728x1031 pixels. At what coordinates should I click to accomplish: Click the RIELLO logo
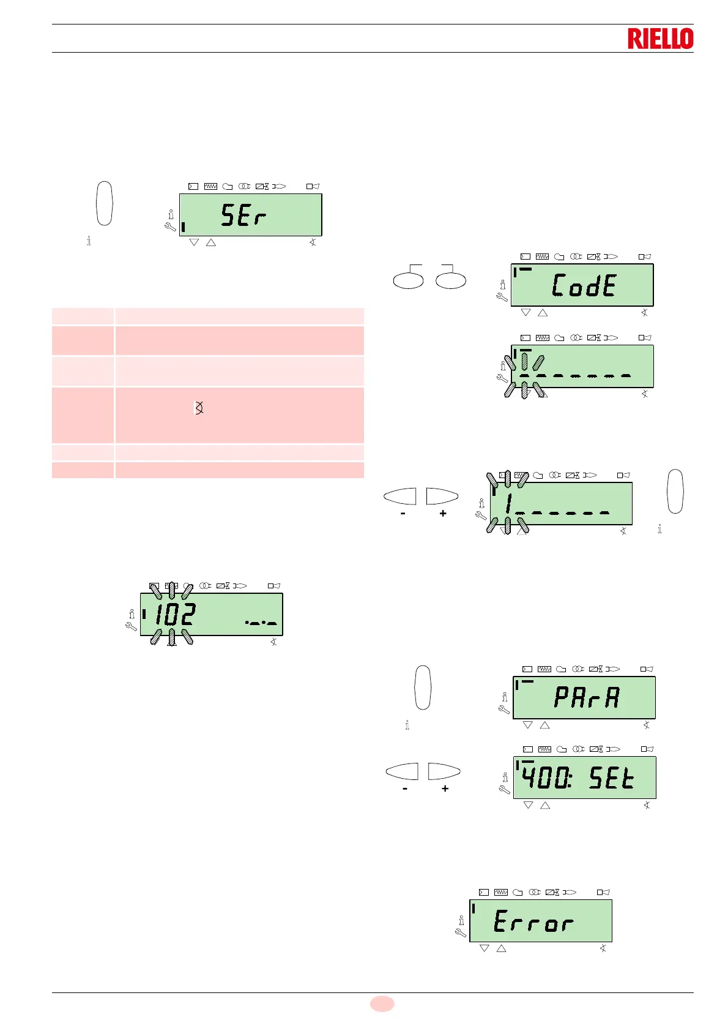[x=660, y=39]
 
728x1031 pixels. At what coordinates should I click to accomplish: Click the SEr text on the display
[x=243, y=216]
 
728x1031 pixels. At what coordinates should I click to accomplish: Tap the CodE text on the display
[x=584, y=285]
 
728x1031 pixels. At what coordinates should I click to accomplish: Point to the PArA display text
[x=587, y=697]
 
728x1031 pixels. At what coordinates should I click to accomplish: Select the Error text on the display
[x=533, y=921]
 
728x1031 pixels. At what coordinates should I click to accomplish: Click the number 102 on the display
[x=174, y=614]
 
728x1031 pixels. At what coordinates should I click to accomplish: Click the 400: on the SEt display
[x=546, y=778]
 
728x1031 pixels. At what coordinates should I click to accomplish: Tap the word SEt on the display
[x=611, y=778]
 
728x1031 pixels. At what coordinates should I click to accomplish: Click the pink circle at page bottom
[x=382, y=1003]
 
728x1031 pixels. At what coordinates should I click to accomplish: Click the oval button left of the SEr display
[x=105, y=203]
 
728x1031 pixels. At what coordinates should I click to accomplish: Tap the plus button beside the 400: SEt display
[x=444, y=771]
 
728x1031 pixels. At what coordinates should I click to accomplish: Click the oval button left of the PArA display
[x=423, y=688]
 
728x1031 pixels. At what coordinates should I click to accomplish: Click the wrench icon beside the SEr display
[x=171, y=227]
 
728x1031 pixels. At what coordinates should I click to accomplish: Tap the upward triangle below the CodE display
[x=542, y=313]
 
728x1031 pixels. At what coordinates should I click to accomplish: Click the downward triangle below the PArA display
[x=528, y=725]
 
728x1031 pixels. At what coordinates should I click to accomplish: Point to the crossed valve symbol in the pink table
[x=199, y=408]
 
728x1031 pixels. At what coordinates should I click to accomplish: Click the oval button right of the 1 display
[x=675, y=491]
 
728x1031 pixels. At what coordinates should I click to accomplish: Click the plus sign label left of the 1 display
[x=443, y=514]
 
